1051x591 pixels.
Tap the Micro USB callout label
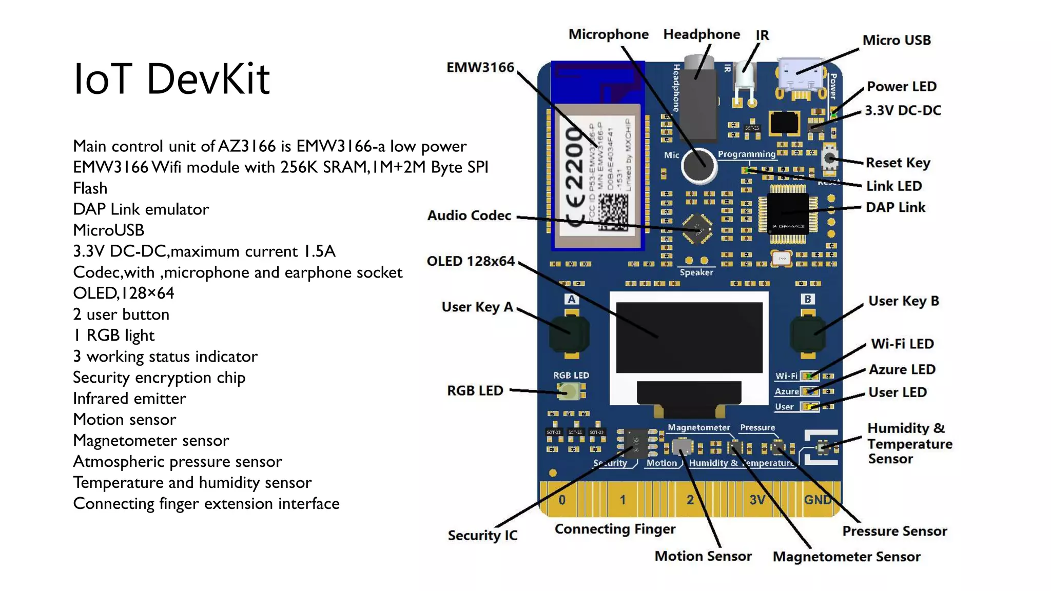(896, 40)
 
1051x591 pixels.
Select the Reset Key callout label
(898, 163)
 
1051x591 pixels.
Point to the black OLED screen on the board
(689, 337)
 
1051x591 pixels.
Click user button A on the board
(569, 334)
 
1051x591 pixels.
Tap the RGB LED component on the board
(569, 392)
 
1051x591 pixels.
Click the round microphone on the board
(698, 165)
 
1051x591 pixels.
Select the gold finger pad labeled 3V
(758, 499)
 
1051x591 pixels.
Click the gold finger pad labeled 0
(562, 499)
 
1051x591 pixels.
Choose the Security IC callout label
(482, 535)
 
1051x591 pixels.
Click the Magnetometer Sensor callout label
(846, 557)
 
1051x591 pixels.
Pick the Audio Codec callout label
(469, 215)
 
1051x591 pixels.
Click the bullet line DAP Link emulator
(141, 209)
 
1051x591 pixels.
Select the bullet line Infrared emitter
(129, 399)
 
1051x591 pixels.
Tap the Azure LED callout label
(902, 369)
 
